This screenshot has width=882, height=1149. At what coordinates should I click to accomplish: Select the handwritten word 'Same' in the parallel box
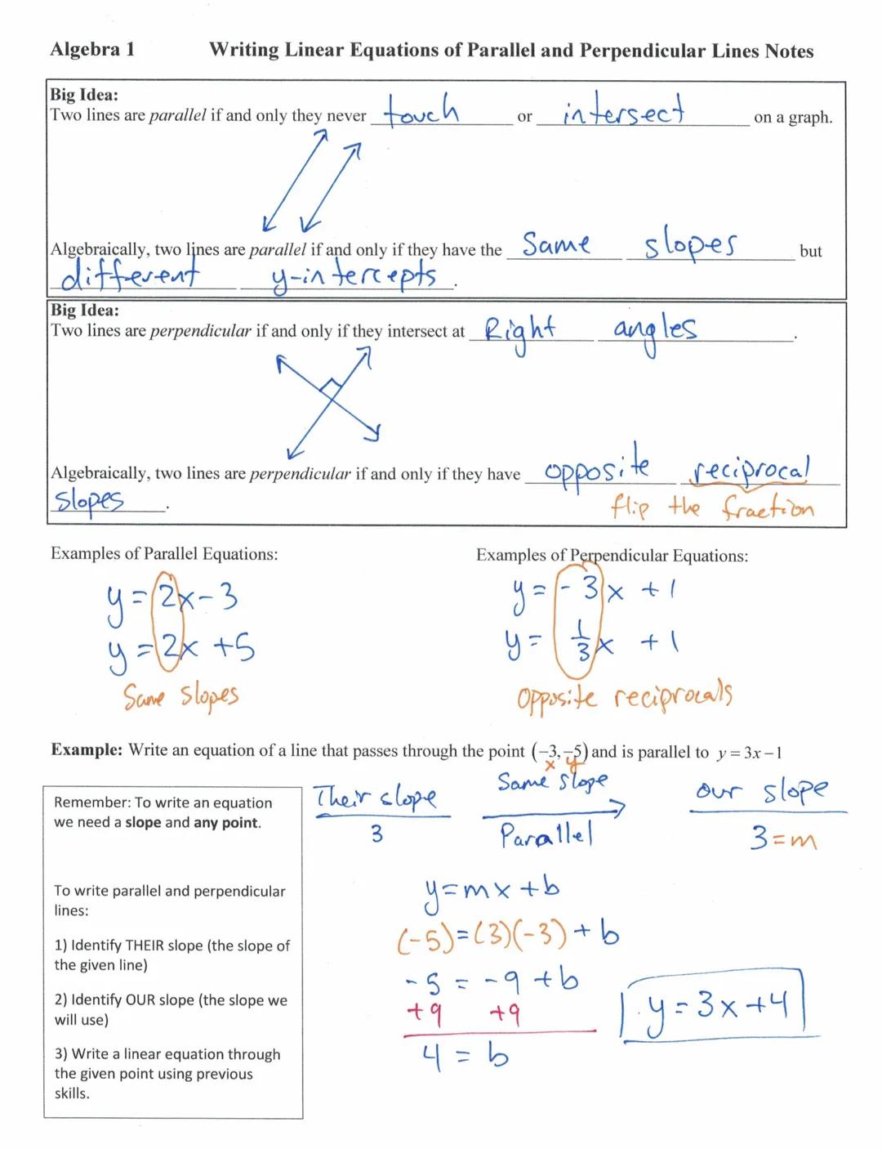pos(556,244)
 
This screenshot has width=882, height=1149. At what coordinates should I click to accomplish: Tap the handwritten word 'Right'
pos(519,332)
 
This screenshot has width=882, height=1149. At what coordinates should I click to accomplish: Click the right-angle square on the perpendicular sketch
pos(331,385)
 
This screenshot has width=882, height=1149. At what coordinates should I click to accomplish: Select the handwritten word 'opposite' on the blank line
pos(597,470)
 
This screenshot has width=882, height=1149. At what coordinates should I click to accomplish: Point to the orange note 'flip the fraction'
pos(711,508)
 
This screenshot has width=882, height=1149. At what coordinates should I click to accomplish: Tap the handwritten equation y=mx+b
pos(492,888)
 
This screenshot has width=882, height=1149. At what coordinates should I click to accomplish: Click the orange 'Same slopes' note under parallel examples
pos(180,696)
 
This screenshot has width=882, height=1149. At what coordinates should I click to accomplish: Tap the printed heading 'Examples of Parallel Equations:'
pos(164,554)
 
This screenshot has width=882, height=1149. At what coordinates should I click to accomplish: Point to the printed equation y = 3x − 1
pos(749,753)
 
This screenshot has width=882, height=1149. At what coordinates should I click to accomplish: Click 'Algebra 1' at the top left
pos(92,50)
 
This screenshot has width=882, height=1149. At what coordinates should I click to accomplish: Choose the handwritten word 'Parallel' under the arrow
pos(546,836)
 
